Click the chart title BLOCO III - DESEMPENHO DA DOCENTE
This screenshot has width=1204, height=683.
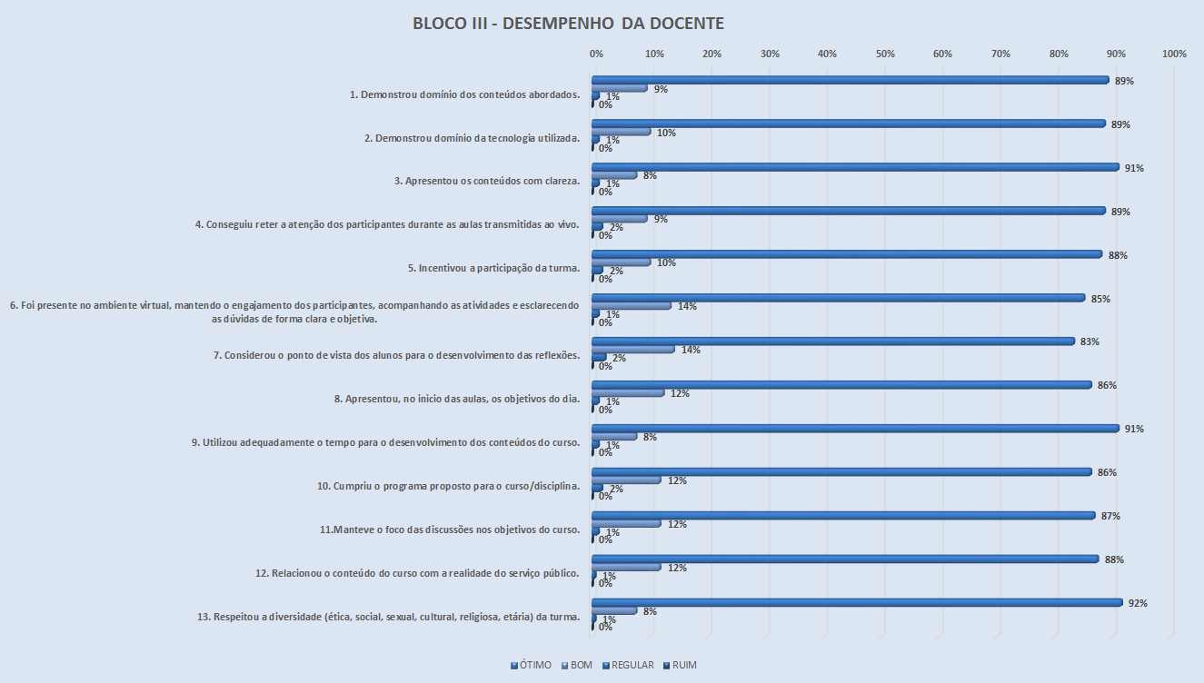point(568,23)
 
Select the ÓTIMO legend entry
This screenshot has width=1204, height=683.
point(532,665)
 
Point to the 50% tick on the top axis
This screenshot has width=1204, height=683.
point(885,54)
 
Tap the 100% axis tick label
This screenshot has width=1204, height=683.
point(1174,54)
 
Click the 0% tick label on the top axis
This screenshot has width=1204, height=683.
point(596,54)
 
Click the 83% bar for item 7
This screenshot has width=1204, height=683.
point(833,341)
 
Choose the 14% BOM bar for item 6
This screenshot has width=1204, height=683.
point(632,306)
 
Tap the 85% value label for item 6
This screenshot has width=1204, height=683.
point(1101,299)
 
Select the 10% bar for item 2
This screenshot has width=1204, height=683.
point(622,133)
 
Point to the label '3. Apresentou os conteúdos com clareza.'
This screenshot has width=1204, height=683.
point(487,181)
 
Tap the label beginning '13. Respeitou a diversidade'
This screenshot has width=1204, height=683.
point(388,617)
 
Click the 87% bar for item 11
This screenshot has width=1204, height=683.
point(843,516)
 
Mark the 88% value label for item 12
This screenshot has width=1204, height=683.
point(1115,559)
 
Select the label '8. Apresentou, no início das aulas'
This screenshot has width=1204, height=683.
point(457,399)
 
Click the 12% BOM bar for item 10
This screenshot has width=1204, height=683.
point(626,480)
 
